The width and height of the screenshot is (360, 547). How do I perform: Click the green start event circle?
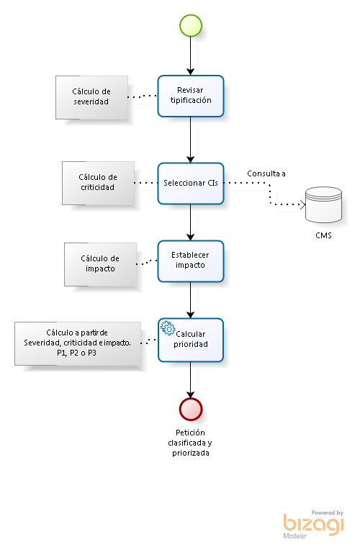(191, 25)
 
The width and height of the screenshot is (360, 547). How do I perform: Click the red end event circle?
(191, 409)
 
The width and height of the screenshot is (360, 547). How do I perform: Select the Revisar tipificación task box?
(191, 96)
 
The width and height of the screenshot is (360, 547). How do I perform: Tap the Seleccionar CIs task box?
(191, 183)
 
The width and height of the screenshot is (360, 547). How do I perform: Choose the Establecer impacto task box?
(191, 261)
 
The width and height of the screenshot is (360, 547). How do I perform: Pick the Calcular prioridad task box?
(191, 340)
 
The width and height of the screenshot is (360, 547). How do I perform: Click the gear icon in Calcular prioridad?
(168, 328)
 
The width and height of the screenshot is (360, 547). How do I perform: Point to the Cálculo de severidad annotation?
(91, 98)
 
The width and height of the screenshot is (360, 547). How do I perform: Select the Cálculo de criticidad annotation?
(98, 183)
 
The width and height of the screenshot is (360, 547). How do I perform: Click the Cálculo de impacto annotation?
(101, 264)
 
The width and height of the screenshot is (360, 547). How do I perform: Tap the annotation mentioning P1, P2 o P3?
(78, 343)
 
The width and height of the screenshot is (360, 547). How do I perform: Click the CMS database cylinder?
(323, 205)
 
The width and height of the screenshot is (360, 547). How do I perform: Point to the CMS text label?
(323, 235)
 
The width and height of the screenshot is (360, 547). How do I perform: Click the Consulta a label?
(266, 173)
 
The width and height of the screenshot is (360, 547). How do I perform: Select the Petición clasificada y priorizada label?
(190, 443)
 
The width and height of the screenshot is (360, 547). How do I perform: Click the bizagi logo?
(313, 525)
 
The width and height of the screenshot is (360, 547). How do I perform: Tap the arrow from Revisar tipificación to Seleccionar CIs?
(191, 140)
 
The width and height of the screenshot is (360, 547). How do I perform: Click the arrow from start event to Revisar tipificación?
(191, 56)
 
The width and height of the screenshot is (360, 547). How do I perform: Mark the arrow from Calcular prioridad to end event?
(191, 380)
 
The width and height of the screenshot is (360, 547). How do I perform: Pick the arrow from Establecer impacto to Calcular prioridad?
(191, 300)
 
